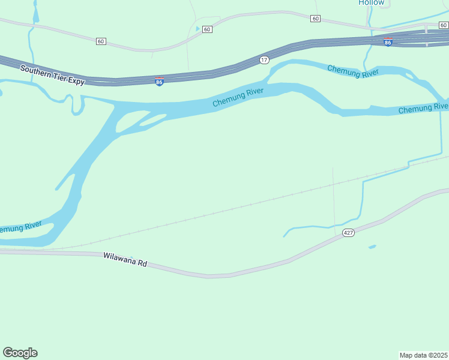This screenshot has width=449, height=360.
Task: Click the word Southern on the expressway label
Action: [x=34, y=70]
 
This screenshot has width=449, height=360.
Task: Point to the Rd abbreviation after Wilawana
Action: [x=142, y=263]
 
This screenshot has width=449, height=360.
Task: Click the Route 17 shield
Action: [x=264, y=60]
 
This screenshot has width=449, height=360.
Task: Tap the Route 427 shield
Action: [x=348, y=232]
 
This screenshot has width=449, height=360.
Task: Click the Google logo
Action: [x=20, y=353]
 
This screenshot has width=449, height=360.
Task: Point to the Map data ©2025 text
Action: [x=424, y=355]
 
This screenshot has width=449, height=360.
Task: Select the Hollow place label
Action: [x=371, y=2]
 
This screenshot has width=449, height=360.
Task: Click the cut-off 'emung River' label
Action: [x=20, y=228]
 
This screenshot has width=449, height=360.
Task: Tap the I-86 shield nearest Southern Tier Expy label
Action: [x=159, y=82]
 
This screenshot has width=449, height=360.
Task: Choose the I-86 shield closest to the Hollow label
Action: [x=388, y=42]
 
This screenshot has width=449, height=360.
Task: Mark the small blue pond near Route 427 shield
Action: [x=372, y=246]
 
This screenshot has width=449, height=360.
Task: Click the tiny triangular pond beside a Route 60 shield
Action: [x=197, y=28]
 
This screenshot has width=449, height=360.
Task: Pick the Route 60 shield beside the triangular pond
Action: [x=207, y=29]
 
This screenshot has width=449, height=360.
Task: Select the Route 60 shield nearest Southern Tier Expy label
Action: [x=100, y=41]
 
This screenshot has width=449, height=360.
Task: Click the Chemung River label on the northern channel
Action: [x=353, y=71]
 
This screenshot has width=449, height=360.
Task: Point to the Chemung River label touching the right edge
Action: [x=423, y=108]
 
